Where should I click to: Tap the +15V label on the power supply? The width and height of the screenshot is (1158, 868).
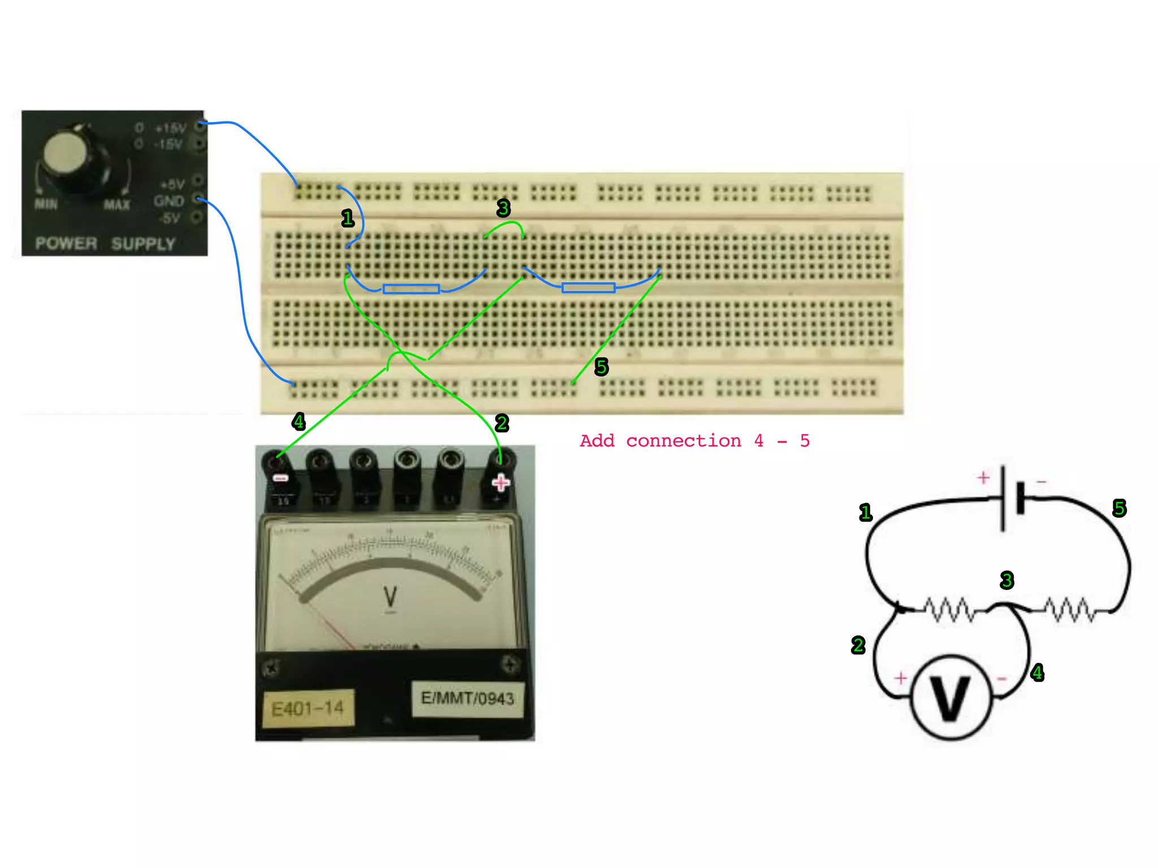point(170,128)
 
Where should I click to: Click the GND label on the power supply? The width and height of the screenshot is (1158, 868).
point(168,201)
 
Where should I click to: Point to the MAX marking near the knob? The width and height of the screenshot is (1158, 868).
point(116,205)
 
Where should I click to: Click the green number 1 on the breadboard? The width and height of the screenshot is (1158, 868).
point(348,218)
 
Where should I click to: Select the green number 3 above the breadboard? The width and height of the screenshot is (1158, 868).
point(503,208)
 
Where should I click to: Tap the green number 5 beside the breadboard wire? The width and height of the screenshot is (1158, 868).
point(601,367)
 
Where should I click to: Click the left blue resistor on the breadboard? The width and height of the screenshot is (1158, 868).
point(411,289)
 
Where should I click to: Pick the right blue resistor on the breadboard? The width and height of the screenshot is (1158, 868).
point(588,288)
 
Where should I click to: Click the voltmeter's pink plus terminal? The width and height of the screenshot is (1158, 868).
point(500,483)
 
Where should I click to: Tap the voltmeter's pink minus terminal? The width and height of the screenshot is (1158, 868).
point(280,478)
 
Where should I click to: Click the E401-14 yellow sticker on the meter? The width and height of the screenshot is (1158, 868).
point(308,708)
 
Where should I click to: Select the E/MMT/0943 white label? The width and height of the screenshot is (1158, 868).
point(467,698)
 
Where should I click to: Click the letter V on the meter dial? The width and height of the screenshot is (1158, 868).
point(390,597)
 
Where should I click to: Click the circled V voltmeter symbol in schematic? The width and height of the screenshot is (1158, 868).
point(951,697)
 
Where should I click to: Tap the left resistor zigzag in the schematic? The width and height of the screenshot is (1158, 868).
point(950,610)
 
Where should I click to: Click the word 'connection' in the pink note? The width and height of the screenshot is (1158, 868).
point(683,441)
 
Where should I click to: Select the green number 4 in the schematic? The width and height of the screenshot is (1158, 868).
point(1037,672)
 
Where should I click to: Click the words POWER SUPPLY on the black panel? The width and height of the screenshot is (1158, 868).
point(105,244)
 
